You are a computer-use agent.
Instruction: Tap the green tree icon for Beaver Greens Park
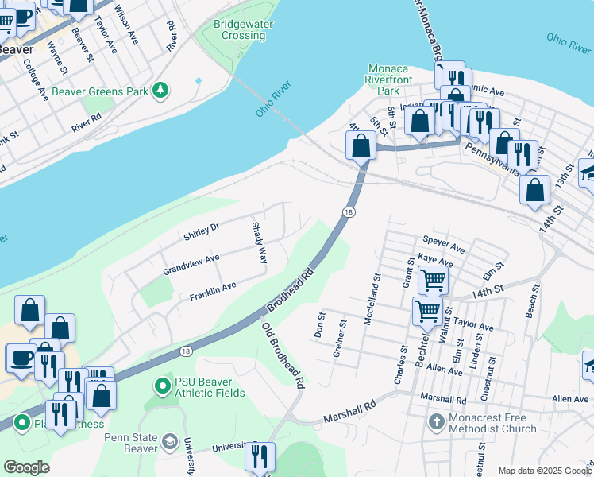point(161,91)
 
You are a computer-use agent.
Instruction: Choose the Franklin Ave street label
point(212,292)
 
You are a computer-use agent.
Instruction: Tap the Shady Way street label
point(259,243)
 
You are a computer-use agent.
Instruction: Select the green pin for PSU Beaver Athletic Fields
point(163,386)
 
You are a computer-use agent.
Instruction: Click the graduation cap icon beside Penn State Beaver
point(169,441)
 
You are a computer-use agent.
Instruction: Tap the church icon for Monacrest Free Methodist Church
point(436,421)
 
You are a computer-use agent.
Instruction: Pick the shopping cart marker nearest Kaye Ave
point(433,279)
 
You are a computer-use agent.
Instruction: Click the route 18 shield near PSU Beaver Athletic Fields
point(185,351)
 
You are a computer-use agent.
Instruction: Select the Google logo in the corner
point(26,467)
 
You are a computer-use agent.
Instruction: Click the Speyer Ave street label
point(444,241)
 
